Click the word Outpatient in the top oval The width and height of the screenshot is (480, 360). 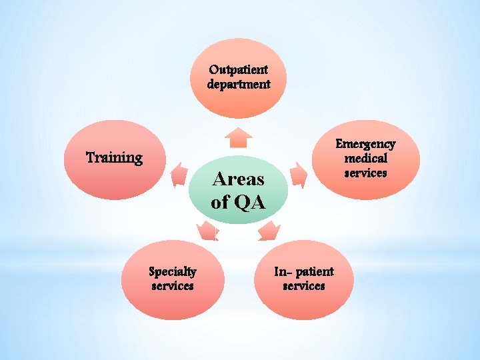pyautogui.click(x=238, y=69)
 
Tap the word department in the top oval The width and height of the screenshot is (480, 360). pyautogui.click(x=238, y=85)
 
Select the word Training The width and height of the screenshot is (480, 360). pyautogui.click(x=115, y=158)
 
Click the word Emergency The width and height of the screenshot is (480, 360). pyautogui.click(x=365, y=143)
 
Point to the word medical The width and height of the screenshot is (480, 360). pyautogui.click(x=365, y=158)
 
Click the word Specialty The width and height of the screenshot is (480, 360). pyautogui.click(x=172, y=271)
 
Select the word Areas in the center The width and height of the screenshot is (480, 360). pyautogui.click(x=238, y=179)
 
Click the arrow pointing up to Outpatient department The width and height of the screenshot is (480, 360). pyautogui.click(x=238, y=137)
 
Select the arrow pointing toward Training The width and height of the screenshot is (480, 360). pyautogui.click(x=179, y=175)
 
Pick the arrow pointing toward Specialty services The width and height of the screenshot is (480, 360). pyautogui.click(x=207, y=231)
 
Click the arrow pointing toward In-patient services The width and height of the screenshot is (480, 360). pyautogui.click(x=269, y=231)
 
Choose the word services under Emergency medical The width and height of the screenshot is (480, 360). pyautogui.click(x=365, y=173)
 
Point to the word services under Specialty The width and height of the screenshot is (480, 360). pyautogui.click(x=172, y=286)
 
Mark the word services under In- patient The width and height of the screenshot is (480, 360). pyautogui.click(x=304, y=286)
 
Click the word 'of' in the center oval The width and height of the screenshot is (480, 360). pyautogui.click(x=219, y=201)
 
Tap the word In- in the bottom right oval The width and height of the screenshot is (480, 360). pyautogui.click(x=282, y=271)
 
